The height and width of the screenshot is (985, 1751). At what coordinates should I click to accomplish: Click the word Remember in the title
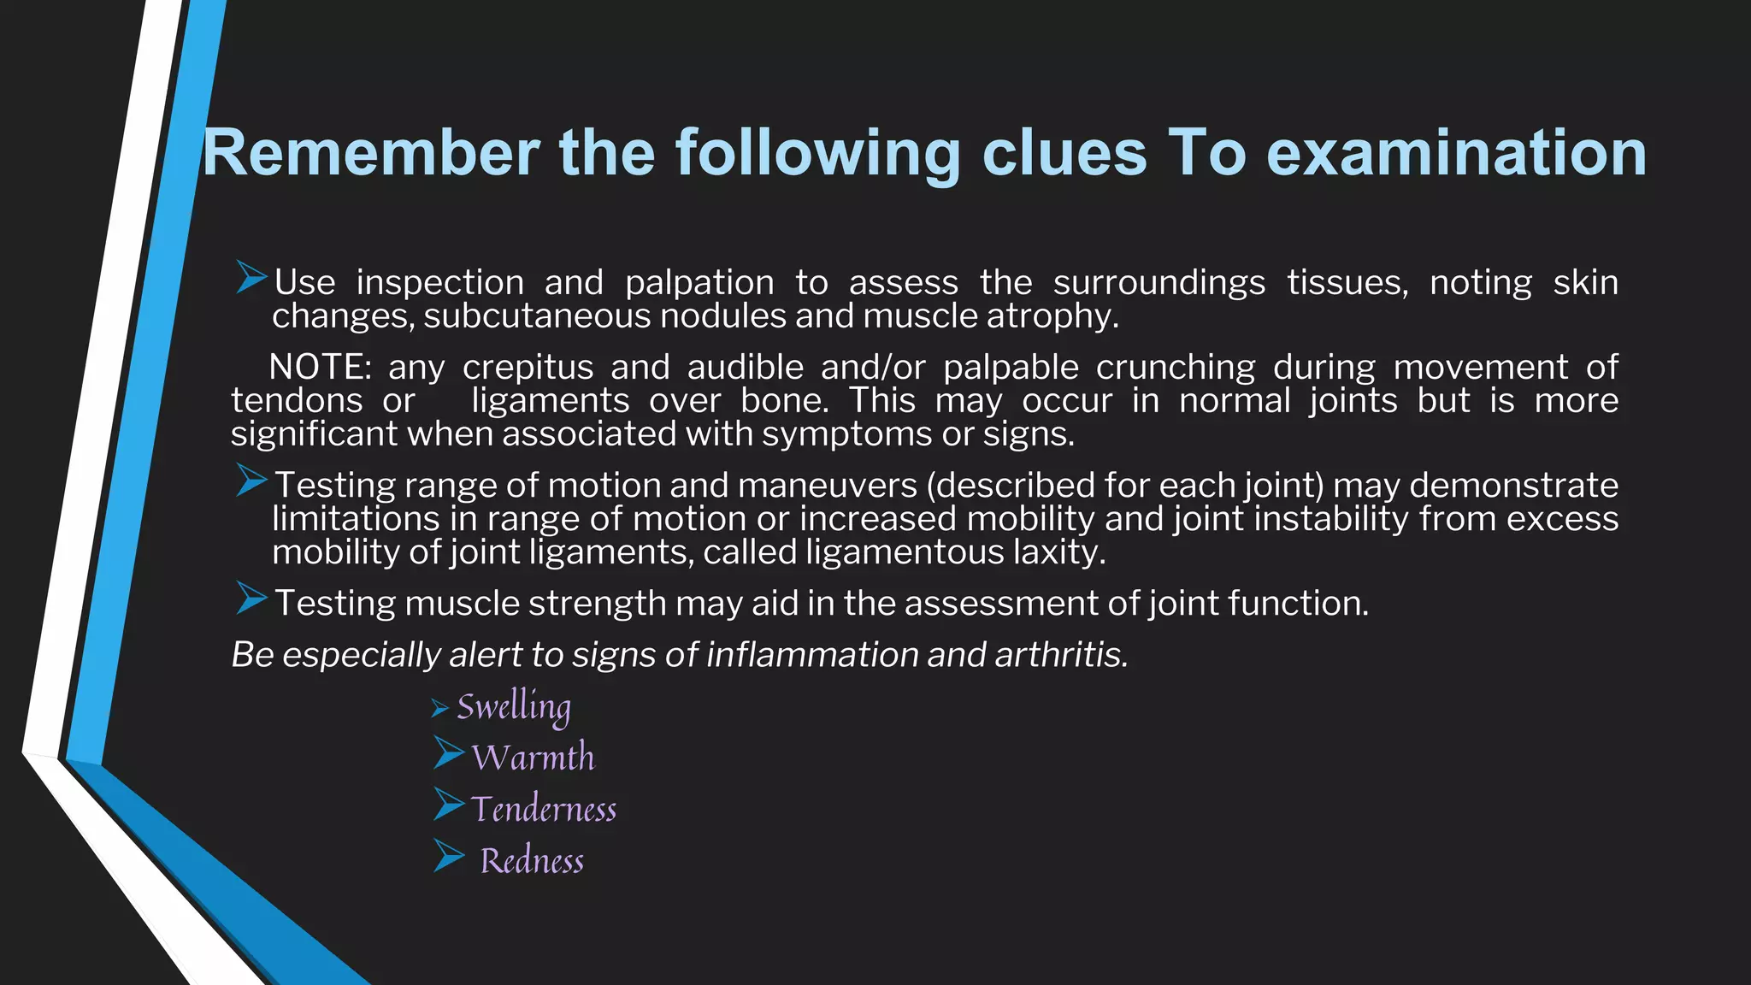(370, 153)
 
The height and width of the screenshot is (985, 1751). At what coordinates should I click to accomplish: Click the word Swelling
(513, 708)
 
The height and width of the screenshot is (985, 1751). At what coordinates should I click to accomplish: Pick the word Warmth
(533, 758)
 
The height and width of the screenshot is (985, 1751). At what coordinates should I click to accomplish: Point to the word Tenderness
(544, 810)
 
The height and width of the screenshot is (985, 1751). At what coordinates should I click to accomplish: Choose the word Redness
(532, 861)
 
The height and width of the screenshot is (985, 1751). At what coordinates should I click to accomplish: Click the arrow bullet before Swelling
(439, 708)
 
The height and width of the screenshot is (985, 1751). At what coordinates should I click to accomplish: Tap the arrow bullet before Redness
(448, 855)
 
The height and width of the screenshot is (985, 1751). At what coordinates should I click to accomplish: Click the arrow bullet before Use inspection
(251, 278)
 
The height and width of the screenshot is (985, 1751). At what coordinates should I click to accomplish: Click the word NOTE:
(320, 368)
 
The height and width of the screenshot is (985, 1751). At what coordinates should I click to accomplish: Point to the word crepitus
(528, 368)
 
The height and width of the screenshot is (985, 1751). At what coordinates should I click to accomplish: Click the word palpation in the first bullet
(699, 283)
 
